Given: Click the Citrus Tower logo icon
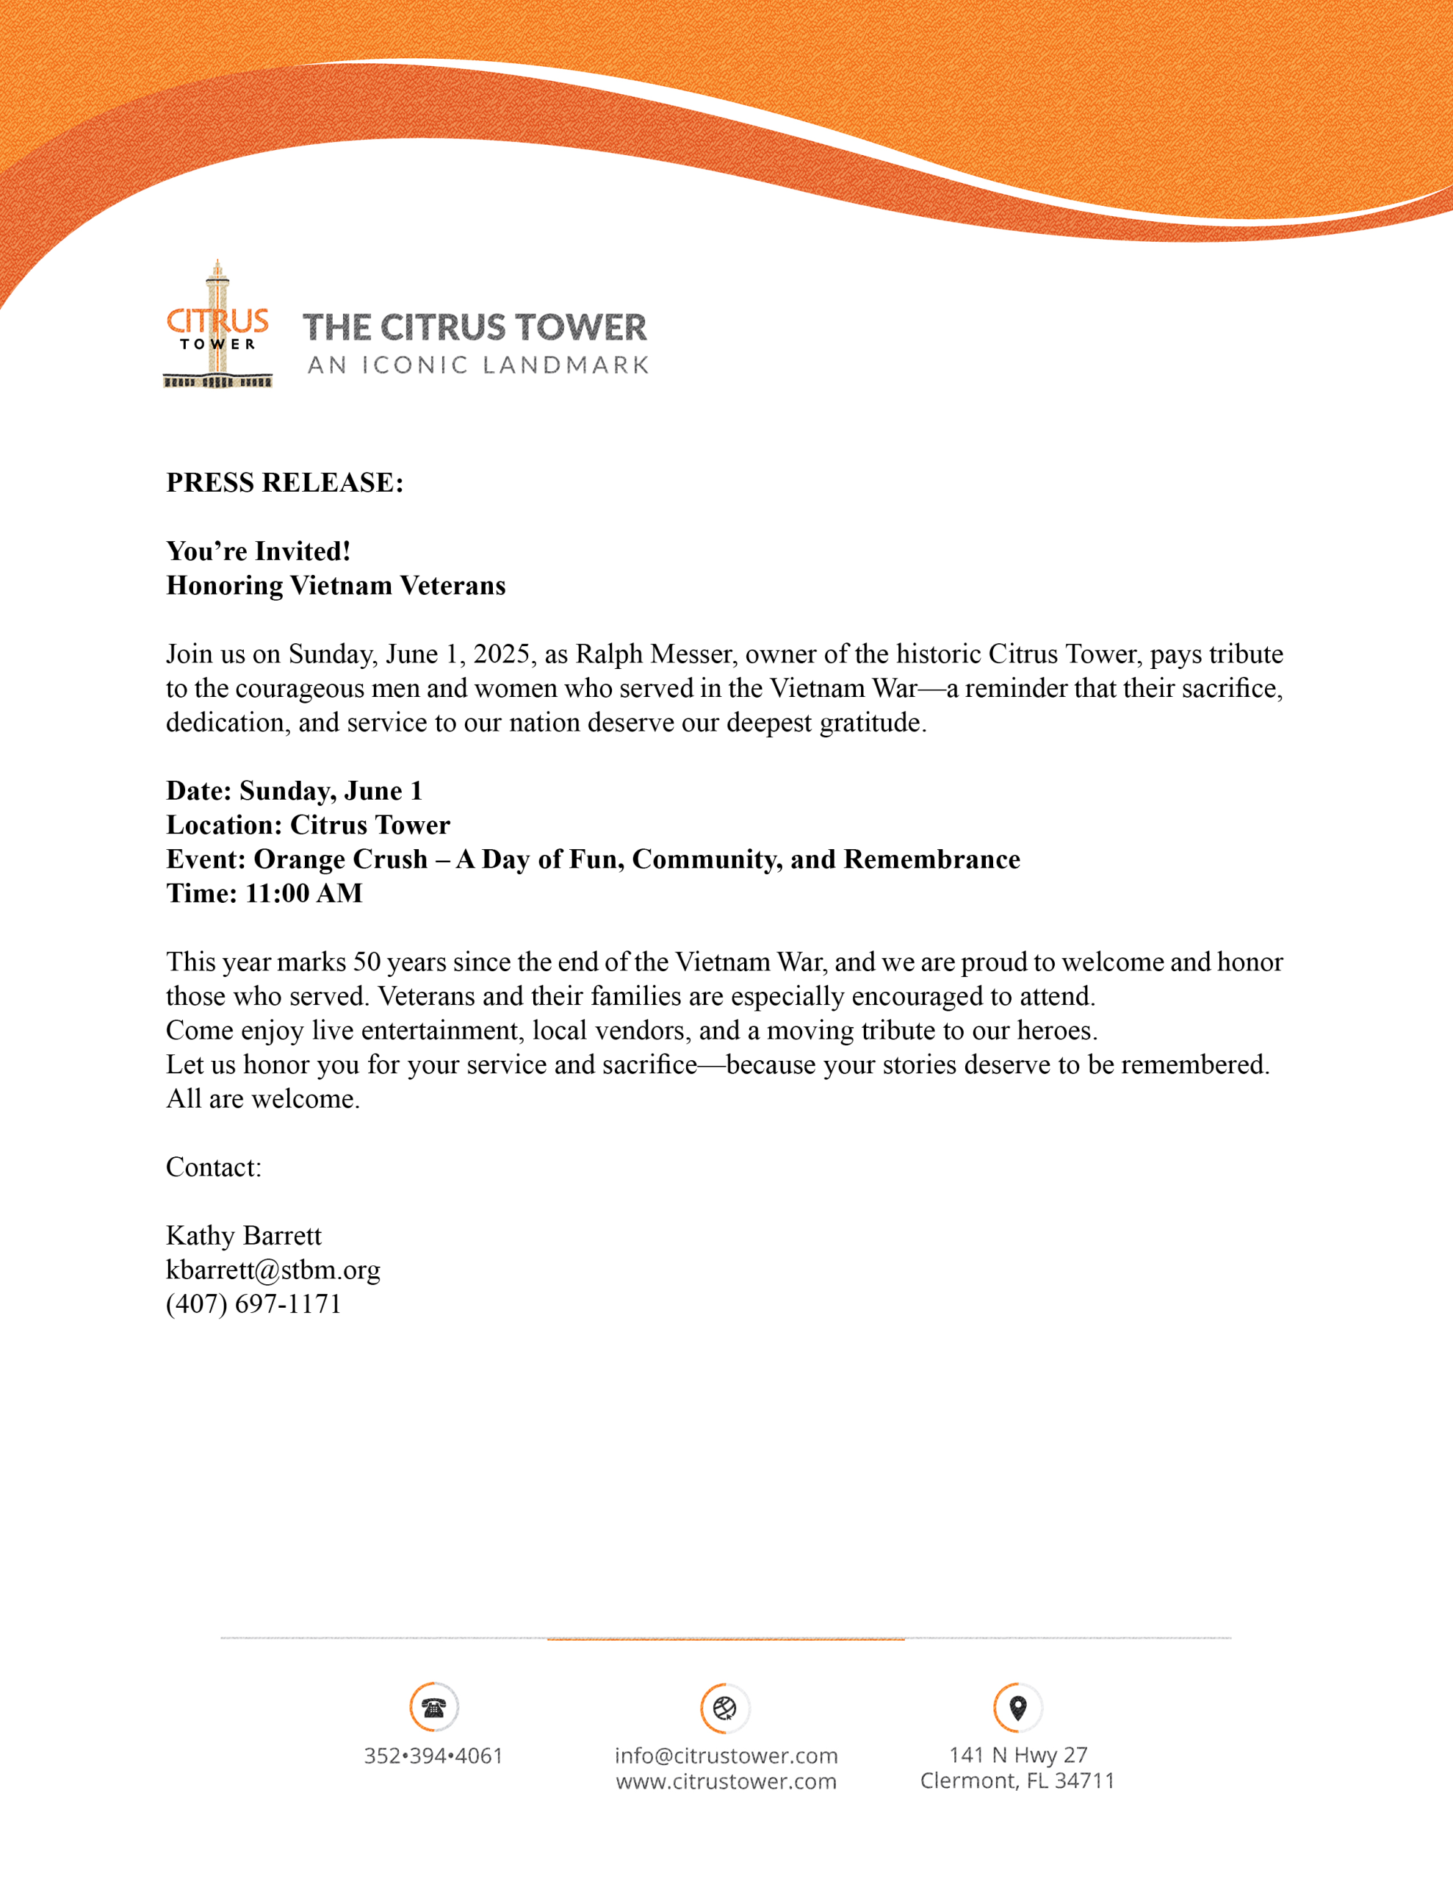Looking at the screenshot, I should [218, 325].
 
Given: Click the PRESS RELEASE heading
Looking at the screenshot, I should [284, 482].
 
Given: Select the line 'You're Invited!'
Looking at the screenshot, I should [259, 551].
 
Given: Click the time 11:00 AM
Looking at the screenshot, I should [304, 894].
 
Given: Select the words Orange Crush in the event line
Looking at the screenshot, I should [340, 859].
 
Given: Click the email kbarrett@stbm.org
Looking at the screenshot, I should [273, 1270].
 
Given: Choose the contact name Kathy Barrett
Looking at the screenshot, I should [244, 1236].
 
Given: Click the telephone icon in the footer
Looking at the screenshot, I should [434, 1706].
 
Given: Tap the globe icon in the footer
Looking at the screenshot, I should [725, 1707].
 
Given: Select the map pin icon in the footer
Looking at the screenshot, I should [1017, 1706].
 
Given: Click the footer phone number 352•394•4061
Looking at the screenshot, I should [433, 1756].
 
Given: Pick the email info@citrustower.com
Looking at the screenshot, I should [726, 1756].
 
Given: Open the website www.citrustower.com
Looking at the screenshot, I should [726, 1781].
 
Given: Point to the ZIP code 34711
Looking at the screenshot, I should [1084, 1781].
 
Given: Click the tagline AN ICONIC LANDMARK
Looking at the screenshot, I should [478, 365].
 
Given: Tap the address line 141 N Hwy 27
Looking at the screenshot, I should [1018, 1755].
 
